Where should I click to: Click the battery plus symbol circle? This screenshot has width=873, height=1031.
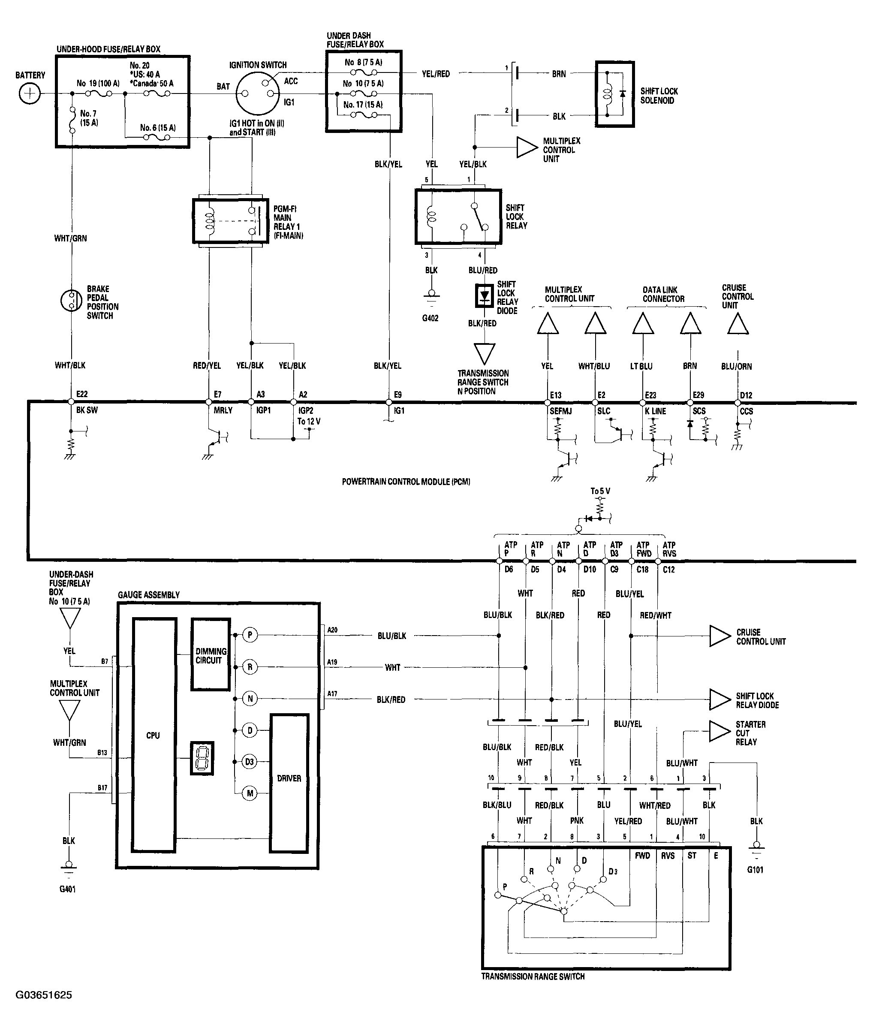(29, 93)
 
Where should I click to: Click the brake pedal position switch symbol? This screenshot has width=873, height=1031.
(71, 301)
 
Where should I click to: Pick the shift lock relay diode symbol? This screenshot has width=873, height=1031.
(484, 296)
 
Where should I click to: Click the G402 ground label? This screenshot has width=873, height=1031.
(430, 318)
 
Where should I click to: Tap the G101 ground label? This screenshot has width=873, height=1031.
(755, 869)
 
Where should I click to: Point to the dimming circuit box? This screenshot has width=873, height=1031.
(211, 654)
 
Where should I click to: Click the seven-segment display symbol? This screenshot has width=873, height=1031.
(202, 758)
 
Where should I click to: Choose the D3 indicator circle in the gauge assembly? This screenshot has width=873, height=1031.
(250, 762)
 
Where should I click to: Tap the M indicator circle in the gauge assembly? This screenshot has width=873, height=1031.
(250, 793)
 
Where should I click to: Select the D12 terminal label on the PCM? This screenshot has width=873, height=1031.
(746, 395)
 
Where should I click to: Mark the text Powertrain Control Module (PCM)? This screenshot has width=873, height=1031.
(406, 482)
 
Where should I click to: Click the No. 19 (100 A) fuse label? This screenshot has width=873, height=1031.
(98, 83)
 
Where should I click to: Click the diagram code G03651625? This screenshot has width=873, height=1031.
(44, 995)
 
